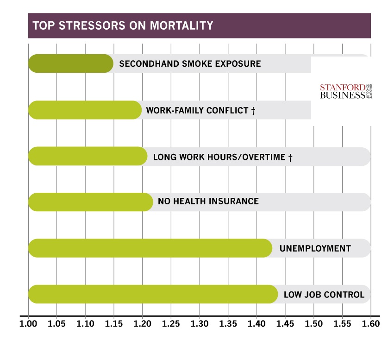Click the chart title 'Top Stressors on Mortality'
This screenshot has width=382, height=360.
point(121,25)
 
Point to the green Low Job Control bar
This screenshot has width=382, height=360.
point(152,294)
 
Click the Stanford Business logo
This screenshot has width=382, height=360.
point(345,91)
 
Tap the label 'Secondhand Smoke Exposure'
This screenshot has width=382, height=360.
point(190,63)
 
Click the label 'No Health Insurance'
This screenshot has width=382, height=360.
point(208,202)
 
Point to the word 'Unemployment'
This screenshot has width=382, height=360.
point(315,248)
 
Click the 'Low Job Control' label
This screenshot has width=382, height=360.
point(324,295)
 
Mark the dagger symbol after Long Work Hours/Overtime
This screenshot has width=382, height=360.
point(290,158)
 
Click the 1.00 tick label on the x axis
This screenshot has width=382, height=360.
point(28,322)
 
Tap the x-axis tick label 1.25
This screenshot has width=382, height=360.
point(171,322)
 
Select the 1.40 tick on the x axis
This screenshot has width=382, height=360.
point(257,322)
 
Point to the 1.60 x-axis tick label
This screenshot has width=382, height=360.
point(370,322)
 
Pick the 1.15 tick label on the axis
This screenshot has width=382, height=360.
point(114,322)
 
